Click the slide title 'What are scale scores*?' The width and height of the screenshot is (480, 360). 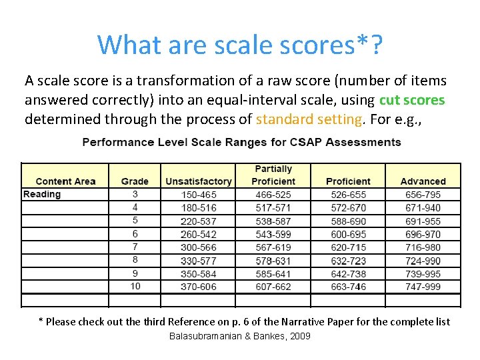(240, 45)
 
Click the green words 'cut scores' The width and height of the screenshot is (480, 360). (411, 101)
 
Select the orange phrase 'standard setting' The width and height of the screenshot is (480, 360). (308, 120)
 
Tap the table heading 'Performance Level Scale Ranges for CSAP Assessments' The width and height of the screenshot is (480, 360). (241, 142)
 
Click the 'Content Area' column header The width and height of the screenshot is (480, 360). (65, 181)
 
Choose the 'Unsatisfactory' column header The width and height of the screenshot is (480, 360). (199, 181)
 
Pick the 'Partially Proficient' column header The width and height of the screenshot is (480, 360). (273, 175)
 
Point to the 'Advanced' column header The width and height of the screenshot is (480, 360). (423, 181)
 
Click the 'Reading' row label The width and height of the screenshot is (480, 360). (42, 194)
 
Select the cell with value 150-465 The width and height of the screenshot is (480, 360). (199, 195)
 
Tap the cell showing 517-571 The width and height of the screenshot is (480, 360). (273, 208)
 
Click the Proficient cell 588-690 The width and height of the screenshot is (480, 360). (348, 221)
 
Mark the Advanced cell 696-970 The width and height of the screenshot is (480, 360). (423, 234)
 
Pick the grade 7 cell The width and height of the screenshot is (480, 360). (135, 247)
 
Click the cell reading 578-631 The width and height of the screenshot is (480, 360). (273, 261)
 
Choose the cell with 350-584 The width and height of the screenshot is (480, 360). (199, 273)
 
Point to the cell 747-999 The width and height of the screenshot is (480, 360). (423, 287)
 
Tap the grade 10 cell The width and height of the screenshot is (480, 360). (135, 286)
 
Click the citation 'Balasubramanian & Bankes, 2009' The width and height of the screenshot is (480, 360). (240, 336)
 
